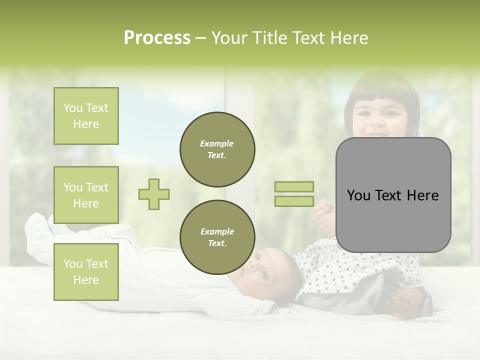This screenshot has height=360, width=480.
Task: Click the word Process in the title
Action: point(157,38)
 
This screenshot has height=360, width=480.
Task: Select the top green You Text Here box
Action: point(86,116)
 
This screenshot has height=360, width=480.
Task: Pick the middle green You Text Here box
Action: point(86,195)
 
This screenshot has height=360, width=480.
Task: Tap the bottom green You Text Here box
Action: point(86,272)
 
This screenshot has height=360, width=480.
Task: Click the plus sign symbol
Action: point(154,194)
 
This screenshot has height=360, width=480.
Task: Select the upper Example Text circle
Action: point(217,149)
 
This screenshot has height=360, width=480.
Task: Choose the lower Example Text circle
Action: point(217,237)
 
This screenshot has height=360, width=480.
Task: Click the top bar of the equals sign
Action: point(294,186)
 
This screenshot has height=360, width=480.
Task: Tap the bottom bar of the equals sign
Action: point(294,201)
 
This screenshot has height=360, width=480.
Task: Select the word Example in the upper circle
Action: point(217,143)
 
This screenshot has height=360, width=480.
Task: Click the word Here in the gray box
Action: point(422,195)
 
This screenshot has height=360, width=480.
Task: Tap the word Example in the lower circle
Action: point(217,231)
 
